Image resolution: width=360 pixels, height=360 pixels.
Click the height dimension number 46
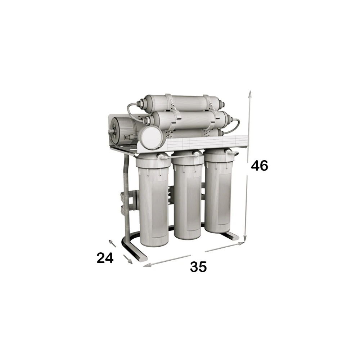[x=260, y=166]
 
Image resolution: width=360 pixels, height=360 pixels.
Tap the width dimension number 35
[x=198, y=267]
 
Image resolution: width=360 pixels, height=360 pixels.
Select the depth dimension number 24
[x=105, y=258]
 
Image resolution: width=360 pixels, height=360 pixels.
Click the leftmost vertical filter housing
[x=153, y=201]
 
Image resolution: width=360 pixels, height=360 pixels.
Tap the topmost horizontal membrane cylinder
[x=181, y=103]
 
